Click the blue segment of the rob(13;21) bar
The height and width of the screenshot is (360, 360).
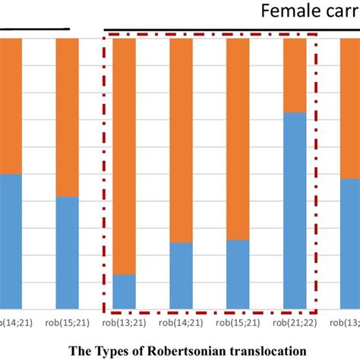[x=124, y=292]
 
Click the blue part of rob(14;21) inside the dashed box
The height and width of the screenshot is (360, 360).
[x=181, y=276]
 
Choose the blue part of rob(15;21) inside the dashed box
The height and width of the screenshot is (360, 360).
[x=238, y=275]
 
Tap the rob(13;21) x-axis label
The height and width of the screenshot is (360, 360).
[x=124, y=323]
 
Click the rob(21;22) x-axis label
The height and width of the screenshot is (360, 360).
[x=295, y=323]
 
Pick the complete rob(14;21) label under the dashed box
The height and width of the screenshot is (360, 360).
[x=181, y=323]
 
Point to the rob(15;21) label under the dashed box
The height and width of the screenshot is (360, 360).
[x=238, y=323]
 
